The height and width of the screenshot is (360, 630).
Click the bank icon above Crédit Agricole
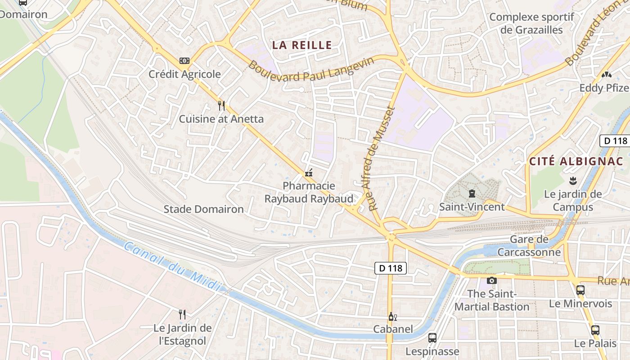coord(184,61)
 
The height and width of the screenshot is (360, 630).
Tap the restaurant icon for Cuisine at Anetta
coord(221,106)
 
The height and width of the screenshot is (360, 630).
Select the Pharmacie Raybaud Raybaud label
coord(309,192)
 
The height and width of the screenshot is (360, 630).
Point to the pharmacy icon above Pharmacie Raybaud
coord(309,172)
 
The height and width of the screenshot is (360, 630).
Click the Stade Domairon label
coord(203,209)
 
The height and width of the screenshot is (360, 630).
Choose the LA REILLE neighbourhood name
coord(302,45)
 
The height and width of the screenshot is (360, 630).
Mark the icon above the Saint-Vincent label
coord(472,194)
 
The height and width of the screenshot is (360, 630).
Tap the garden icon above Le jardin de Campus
coord(573,181)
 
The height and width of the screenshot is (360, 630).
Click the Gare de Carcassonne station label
coord(529,246)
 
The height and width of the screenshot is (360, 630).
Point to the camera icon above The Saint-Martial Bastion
coord(491,280)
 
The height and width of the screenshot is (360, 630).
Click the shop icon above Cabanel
coord(393,316)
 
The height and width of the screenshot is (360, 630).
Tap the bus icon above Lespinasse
coord(432,337)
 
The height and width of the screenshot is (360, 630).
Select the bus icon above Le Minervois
coord(580,290)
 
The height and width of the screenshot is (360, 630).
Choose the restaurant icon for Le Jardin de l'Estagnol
coord(182,314)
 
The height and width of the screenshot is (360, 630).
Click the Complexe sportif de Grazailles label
coord(532,23)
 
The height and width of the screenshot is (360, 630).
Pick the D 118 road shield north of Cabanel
coord(391,269)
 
